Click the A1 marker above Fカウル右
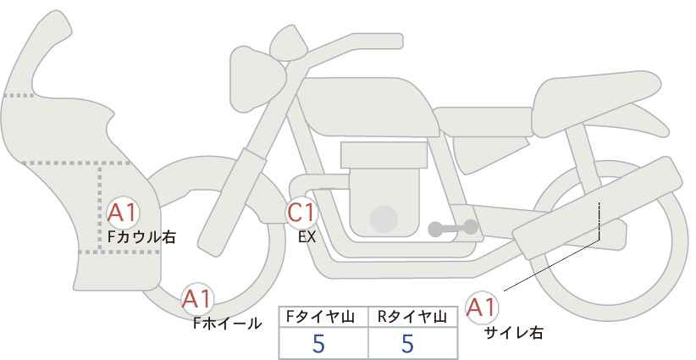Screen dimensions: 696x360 pos(123,213)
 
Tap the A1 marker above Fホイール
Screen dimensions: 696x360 pos(197,299)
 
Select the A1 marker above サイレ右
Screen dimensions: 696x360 pos(482,307)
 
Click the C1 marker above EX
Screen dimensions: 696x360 pos(301,212)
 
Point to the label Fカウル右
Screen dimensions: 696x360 pos(141,236)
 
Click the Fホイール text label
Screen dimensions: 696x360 pos(227,324)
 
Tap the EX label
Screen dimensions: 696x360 pos(307,237)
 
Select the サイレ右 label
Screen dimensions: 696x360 pos(513,333)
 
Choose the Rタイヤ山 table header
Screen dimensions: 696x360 pos(412,317)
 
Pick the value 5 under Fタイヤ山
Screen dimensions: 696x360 pos(318,343)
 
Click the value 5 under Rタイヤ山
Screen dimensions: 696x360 pos(407,343)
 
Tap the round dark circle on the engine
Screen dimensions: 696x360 pos(384,219)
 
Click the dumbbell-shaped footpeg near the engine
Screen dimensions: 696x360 pos(453,228)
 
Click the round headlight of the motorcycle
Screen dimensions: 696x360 pos(257,79)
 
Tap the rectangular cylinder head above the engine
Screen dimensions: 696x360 pos(384,155)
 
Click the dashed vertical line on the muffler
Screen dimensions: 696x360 pos(599,219)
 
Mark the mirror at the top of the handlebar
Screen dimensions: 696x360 pos(288,42)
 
